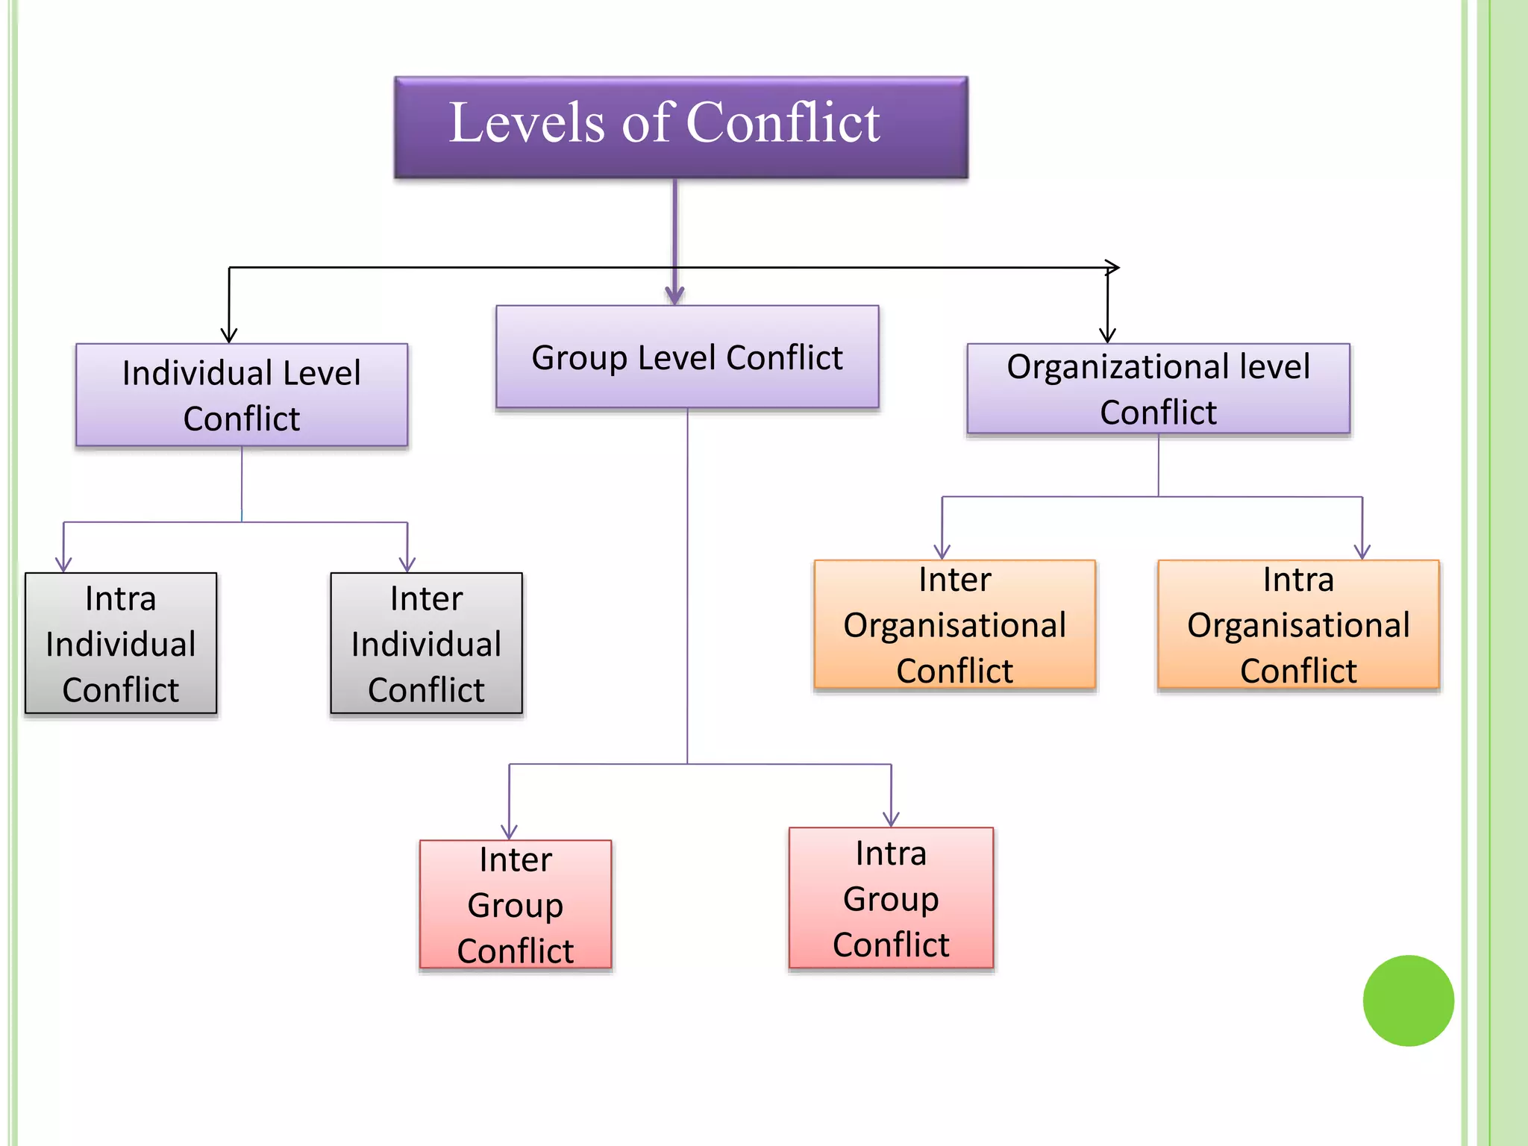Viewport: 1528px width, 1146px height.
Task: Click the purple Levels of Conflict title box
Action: (680, 127)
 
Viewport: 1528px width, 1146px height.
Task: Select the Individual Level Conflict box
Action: (242, 395)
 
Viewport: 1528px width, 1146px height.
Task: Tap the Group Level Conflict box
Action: (687, 357)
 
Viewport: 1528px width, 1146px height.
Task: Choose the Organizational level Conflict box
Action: (1158, 389)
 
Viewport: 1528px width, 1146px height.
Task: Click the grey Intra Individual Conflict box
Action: (121, 643)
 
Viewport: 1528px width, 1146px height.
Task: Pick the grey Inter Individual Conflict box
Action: (426, 643)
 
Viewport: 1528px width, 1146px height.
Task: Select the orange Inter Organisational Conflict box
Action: (954, 624)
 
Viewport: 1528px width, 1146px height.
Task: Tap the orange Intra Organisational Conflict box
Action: (1298, 624)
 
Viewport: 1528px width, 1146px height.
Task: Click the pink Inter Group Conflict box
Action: (516, 904)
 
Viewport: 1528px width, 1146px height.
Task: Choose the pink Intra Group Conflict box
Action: (891, 898)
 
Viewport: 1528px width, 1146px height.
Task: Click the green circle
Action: (1408, 1001)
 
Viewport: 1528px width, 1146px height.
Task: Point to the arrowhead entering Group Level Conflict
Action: (674, 295)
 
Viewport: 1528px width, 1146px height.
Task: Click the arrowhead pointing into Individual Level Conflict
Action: (229, 335)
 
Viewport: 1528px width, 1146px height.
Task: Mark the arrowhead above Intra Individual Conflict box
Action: (64, 565)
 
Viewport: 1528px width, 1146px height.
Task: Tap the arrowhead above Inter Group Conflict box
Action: (510, 832)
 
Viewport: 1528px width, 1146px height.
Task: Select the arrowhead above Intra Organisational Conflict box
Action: (1362, 552)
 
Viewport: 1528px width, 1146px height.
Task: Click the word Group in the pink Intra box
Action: (891, 899)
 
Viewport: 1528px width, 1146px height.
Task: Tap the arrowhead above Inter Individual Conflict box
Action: (407, 565)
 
